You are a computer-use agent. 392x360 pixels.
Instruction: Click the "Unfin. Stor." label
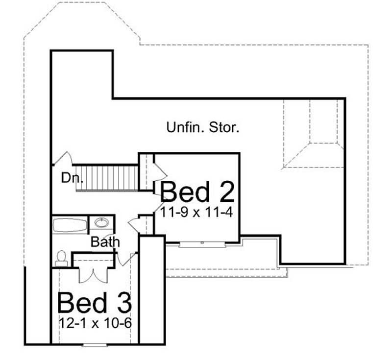[x=203, y=128]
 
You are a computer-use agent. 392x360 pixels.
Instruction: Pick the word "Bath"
[x=105, y=241]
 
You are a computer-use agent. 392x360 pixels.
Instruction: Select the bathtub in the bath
[x=71, y=226]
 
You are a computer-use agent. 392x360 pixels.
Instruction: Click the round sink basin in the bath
[x=101, y=223]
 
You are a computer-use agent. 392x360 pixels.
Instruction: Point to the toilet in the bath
[x=62, y=258]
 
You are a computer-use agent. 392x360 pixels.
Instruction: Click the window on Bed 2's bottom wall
[x=201, y=243]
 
